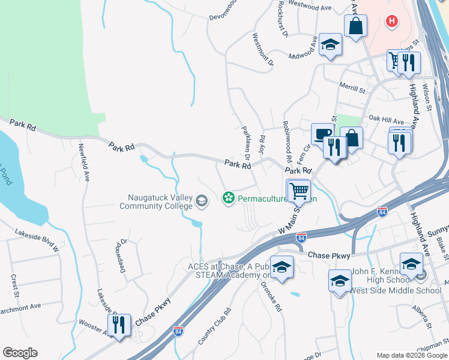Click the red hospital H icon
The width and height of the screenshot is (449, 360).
click(392, 22)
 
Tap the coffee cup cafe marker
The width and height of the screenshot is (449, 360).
click(322, 134)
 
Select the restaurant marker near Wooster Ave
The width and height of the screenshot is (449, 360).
click(119, 325)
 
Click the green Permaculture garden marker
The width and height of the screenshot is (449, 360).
click(228, 197)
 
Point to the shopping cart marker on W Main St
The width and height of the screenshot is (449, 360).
click(299, 191)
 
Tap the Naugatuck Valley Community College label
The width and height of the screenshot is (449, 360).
click(160, 202)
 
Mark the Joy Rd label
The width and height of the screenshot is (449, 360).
click(261, 144)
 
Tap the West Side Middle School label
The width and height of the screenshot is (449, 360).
click(394, 291)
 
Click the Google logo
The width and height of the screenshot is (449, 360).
click(20, 353)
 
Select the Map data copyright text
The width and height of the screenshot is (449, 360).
click(412, 355)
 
